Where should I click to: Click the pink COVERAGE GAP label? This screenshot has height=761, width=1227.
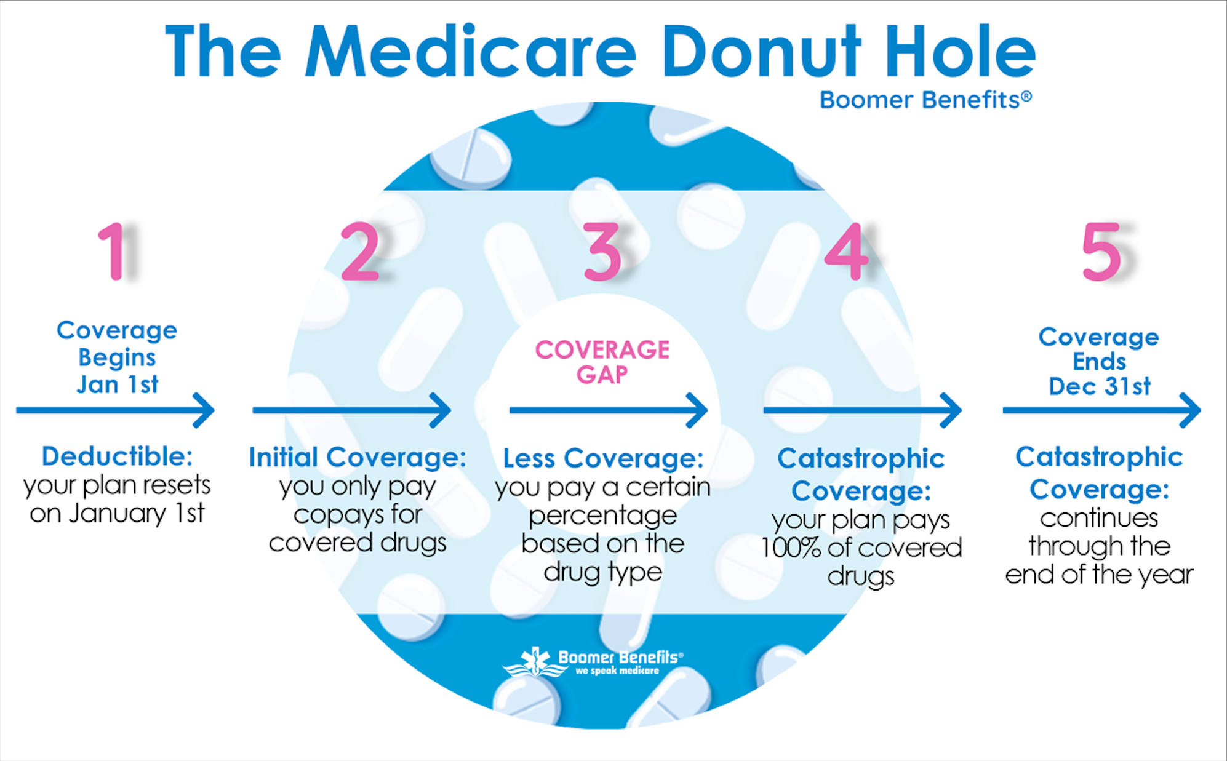[x=602, y=362]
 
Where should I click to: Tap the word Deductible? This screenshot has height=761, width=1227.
[x=117, y=456]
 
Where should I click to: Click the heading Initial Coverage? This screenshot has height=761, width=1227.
[x=357, y=458]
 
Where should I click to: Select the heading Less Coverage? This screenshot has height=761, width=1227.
[x=603, y=459]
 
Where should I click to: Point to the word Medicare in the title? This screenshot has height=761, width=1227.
[x=470, y=52]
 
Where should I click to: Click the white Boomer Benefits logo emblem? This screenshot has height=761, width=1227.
[x=534, y=663]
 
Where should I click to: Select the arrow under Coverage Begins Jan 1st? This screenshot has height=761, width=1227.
[x=116, y=410]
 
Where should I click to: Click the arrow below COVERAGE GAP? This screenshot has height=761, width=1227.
[x=608, y=410]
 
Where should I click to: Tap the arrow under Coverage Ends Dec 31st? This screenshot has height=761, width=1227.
[x=1101, y=410]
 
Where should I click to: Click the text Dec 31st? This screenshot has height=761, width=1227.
[x=1100, y=386]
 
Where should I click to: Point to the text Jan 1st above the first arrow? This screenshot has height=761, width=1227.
[x=117, y=384]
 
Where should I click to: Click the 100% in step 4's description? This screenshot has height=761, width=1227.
[x=790, y=548]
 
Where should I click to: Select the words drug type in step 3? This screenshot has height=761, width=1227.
[x=603, y=572]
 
